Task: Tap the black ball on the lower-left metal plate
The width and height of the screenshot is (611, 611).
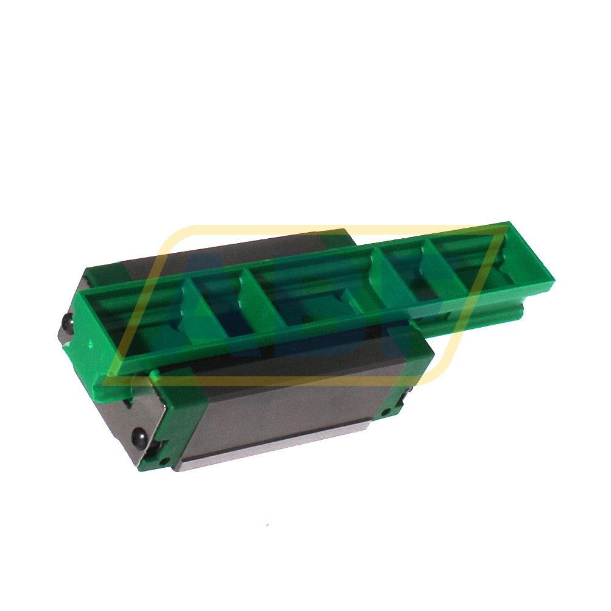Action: click(x=140, y=436)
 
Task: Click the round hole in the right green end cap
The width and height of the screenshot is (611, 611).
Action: click(x=404, y=399)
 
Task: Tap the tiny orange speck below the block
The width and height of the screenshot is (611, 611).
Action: click(x=267, y=524)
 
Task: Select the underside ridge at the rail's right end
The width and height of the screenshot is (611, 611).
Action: click(x=487, y=311)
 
